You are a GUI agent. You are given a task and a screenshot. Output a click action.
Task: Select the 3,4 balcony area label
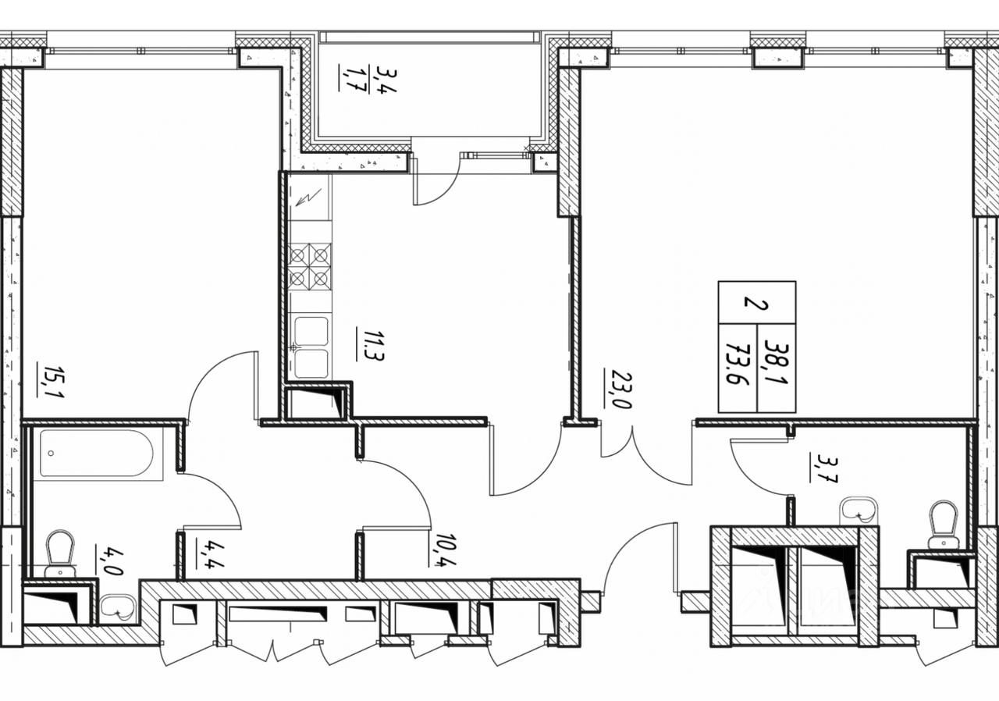pyautogui.click(x=384, y=80)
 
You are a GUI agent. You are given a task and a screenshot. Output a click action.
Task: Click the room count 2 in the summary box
pyautogui.click(x=751, y=301)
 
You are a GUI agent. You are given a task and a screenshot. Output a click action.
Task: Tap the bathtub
pyautogui.click(x=101, y=454)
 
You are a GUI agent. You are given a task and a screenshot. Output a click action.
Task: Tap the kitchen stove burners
pyautogui.click(x=310, y=266)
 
